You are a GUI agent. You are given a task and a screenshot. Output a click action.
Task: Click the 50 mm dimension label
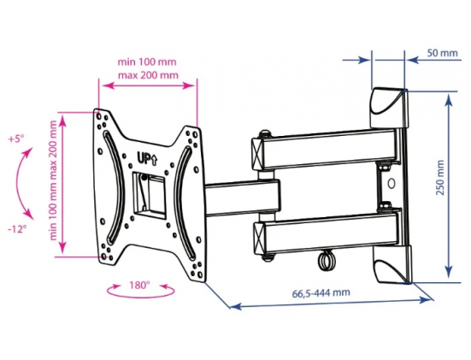(x=442, y=53)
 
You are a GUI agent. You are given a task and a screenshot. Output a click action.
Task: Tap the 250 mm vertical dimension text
(x=439, y=178)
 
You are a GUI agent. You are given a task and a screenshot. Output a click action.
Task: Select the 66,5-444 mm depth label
(x=321, y=292)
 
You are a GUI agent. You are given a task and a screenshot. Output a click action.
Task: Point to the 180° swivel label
(x=139, y=285)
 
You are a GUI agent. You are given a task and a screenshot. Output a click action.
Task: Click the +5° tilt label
(x=16, y=139)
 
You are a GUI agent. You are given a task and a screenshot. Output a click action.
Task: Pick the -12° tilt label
(x=17, y=229)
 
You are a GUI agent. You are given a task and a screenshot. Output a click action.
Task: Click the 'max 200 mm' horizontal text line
(x=148, y=75)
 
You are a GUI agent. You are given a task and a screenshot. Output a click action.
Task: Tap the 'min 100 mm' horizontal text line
(x=147, y=62)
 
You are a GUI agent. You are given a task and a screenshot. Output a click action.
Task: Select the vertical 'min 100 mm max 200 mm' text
(x=53, y=180)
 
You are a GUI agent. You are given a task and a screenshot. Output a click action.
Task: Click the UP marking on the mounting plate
(x=147, y=158)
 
